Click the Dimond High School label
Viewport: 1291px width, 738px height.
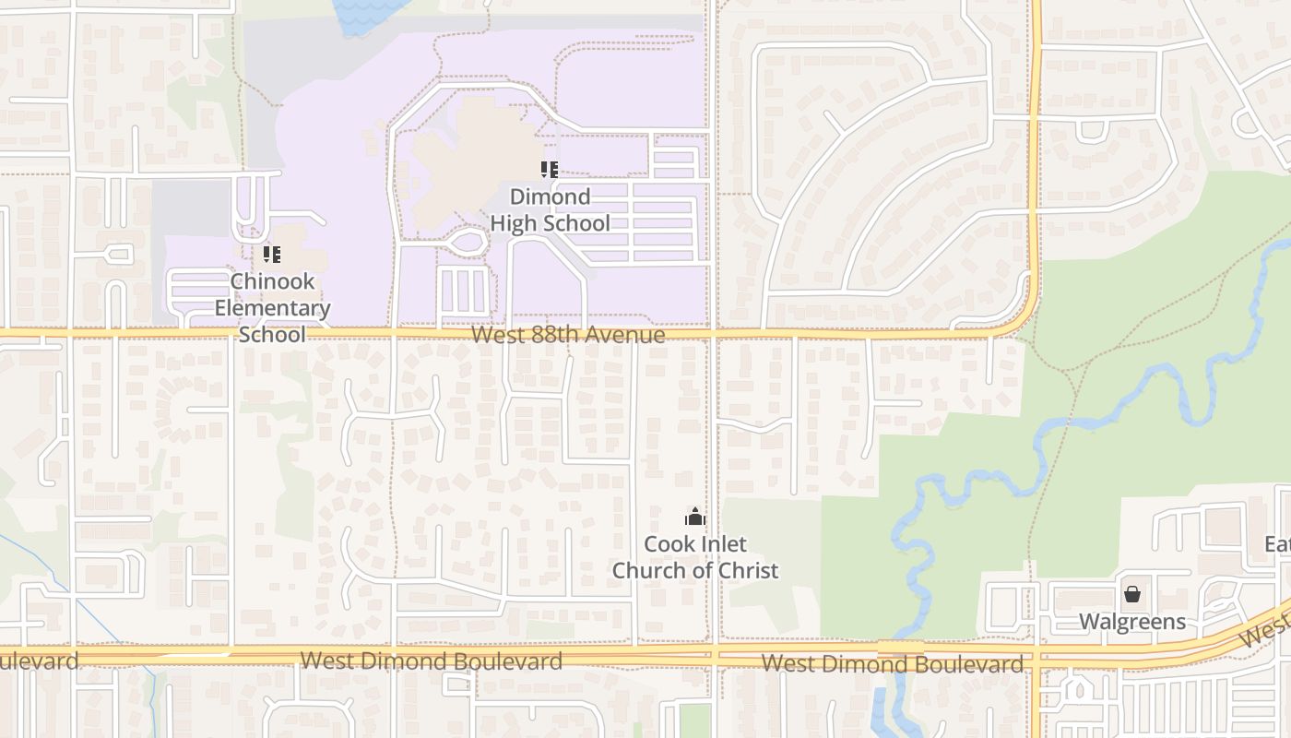click(550, 209)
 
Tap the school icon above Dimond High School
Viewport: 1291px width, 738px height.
click(550, 170)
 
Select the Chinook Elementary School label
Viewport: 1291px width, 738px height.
click(272, 307)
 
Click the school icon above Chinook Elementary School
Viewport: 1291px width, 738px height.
click(272, 254)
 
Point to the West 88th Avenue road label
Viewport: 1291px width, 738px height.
click(567, 334)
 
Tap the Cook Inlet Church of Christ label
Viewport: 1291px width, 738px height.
click(695, 557)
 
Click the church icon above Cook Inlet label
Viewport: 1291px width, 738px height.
click(695, 517)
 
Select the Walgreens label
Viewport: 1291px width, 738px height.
click(1132, 622)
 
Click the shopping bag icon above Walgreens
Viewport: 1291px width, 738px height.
click(1132, 594)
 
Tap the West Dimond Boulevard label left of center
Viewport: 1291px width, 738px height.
click(432, 661)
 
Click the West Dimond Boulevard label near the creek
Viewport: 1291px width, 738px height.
click(893, 663)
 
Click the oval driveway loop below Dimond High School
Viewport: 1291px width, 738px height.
click(468, 243)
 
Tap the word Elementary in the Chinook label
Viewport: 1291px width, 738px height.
click(272, 308)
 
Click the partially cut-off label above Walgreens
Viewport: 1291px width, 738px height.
click(1278, 544)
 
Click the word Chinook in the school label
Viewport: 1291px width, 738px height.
click(272, 281)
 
